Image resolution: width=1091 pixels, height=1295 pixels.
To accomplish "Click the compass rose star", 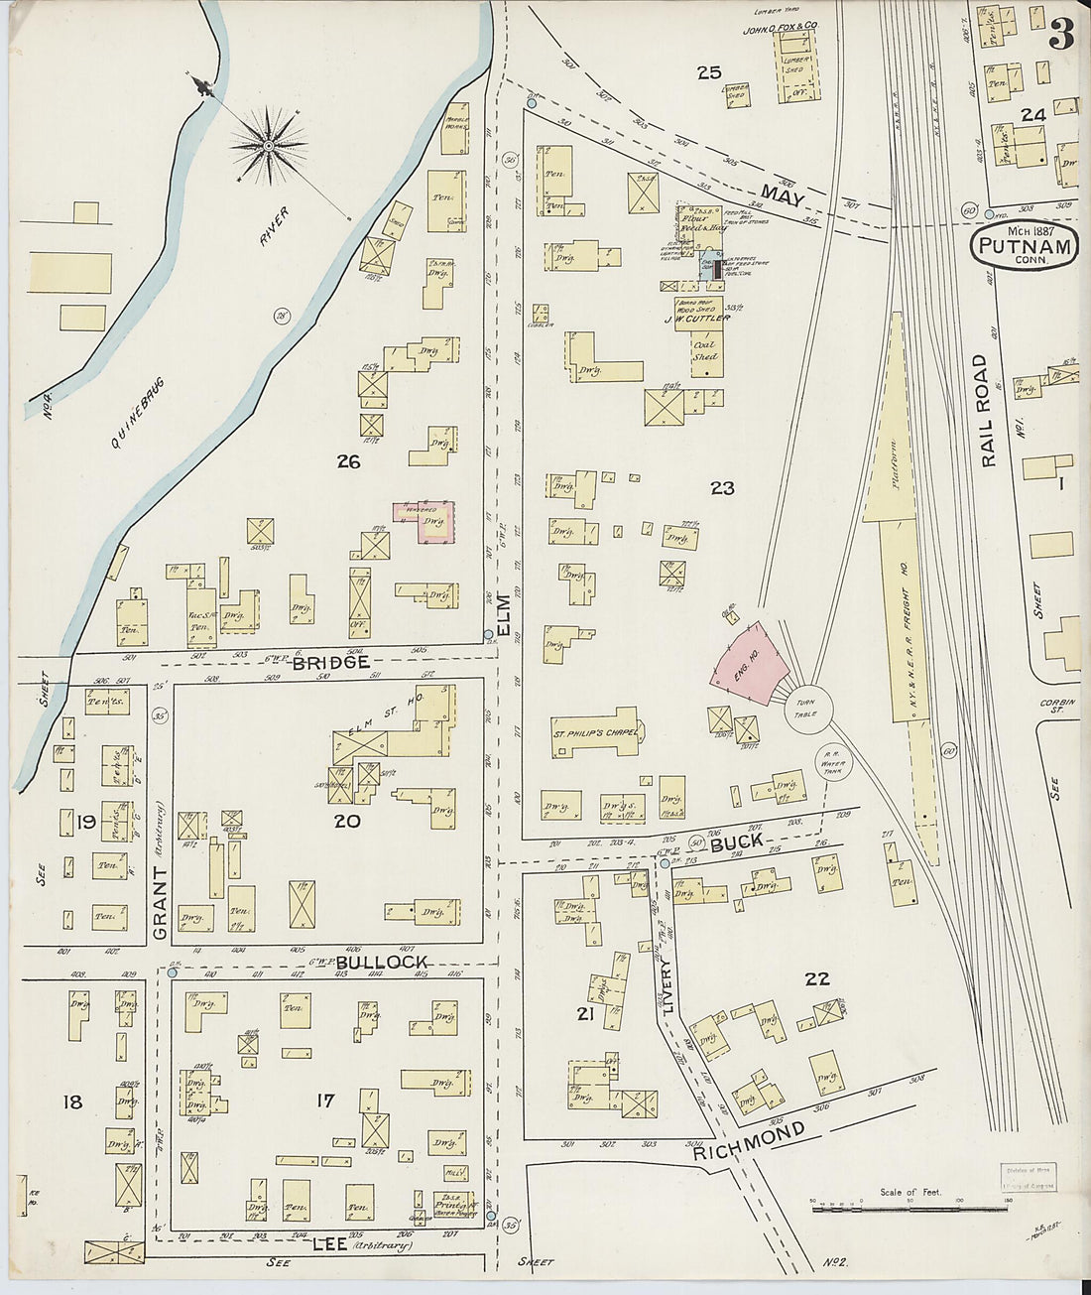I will (x=268, y=146).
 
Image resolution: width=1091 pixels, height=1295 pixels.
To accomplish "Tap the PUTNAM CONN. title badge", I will (x=1025, y=243).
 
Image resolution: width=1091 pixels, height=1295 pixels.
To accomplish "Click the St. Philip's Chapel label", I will (x=593, y=734).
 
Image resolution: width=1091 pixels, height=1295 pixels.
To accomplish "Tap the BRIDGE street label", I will (x=338, y=662).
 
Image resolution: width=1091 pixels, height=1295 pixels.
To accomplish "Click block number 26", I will (x=347, y=461).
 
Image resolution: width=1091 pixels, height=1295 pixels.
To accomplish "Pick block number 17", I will (x=323, y=1100).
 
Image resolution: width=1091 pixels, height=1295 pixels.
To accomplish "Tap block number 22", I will (x=816, y=979).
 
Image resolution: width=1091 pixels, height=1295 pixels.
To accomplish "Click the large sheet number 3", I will (x=1060, y=37).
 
